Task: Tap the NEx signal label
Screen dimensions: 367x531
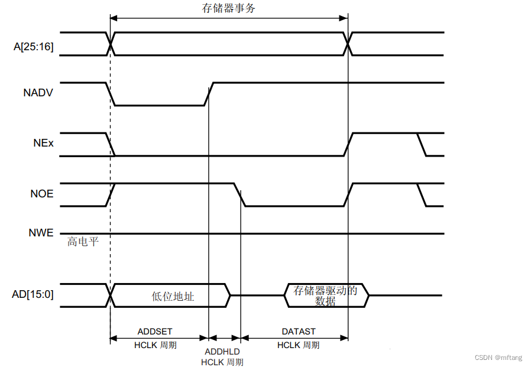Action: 43,143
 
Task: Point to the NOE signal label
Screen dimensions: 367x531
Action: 41,193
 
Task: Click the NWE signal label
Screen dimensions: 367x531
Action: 41,233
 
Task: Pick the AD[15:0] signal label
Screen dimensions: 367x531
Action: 33,294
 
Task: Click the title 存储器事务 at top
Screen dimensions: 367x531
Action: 228,8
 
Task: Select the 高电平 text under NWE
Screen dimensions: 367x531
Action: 83,242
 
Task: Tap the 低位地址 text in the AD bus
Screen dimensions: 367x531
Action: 173,297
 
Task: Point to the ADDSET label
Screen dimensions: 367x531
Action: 155,331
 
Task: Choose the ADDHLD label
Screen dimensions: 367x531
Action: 222,352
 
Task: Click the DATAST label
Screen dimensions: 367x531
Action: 298,331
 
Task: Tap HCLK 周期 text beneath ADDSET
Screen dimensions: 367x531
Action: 155,345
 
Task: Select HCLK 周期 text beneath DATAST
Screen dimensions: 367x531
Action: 298,345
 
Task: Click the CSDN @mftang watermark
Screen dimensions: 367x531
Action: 498,358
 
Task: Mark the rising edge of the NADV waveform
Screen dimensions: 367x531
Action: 209,94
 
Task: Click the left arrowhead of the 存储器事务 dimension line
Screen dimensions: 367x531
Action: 113,18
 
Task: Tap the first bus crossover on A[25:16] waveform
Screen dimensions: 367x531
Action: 111,44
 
